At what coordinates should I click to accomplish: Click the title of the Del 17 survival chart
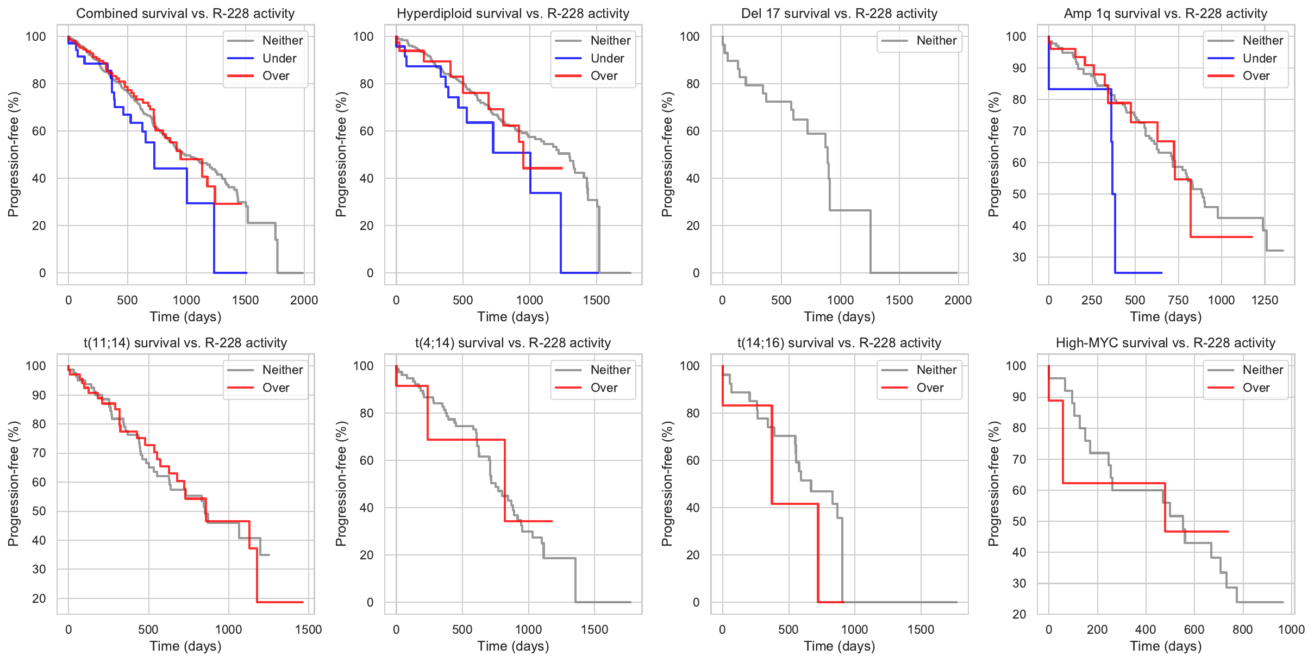(x=839, y=14)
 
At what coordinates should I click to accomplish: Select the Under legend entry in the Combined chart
(x=279, y=58)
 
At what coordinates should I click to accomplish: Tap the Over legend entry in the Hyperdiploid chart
(x=604, y=76)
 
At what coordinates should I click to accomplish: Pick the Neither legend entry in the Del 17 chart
(x=936, y=41)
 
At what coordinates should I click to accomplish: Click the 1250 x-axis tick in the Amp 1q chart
(x=1265, y=300)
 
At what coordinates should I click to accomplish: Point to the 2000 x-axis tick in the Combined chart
(x=304, y=300)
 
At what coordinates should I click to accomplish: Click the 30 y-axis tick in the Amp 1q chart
(x=1019, y=257)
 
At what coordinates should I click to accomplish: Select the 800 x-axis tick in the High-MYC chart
(x=1243, y=629)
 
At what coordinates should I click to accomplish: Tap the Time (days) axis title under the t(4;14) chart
(x=513, y=646)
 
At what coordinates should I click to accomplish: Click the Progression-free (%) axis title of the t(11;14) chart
(x=13, y=484)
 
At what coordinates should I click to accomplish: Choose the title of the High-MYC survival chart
(x=1165, y=343)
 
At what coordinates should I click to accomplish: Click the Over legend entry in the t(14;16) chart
(x=930, y=388)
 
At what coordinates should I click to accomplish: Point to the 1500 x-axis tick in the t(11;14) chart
(x=308, y=629)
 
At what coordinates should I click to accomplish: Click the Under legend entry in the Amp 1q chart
(x=1259, y=58)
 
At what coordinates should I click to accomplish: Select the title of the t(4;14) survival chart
(x=513, y=343)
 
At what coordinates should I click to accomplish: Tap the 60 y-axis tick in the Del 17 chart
(x=693, y=131)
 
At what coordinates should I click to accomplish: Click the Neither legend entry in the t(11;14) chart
(x=282, y=370)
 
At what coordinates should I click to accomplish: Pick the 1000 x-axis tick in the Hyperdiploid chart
(x=529, y=300)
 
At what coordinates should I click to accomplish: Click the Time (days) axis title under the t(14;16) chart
(x=839, y=646)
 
